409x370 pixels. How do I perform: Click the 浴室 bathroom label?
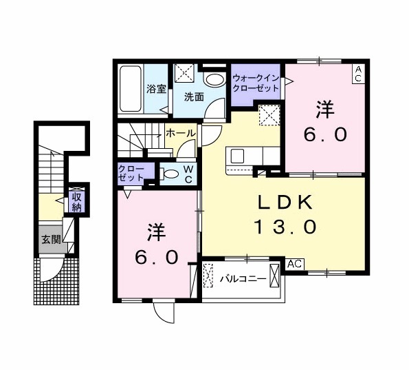coord(156,89)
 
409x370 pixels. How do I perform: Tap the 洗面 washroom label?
coord(193,96)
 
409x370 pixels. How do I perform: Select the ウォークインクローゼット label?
coord(256,84)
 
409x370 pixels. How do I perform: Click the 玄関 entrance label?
coord(50,240)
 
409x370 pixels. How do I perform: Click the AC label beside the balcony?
coord(294,264)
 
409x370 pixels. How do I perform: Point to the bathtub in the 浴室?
coord(131,90)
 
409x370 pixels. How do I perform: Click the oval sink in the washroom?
coord(214,80)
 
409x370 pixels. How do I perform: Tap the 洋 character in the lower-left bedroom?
coord(153,232)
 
